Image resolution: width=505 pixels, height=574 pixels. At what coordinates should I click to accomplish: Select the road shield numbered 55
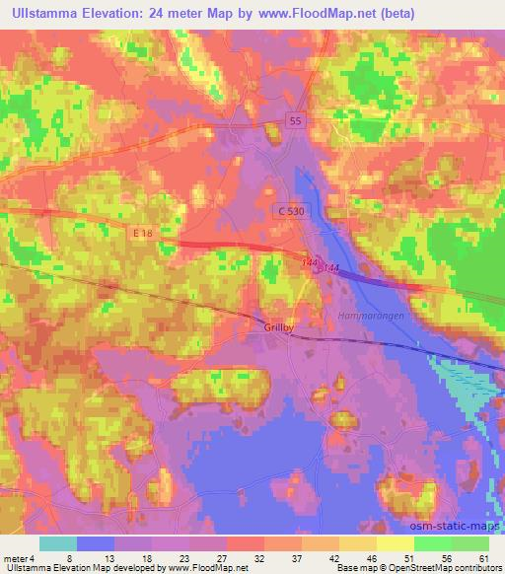click(x=297, y=118)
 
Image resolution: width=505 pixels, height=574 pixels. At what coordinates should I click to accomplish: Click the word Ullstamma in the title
click(x=52, y=14)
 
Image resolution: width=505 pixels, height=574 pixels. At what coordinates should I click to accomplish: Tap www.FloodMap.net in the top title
click(x=304, y=14)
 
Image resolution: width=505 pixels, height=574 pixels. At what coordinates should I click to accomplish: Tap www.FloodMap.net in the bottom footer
click(x=198, y=568)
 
